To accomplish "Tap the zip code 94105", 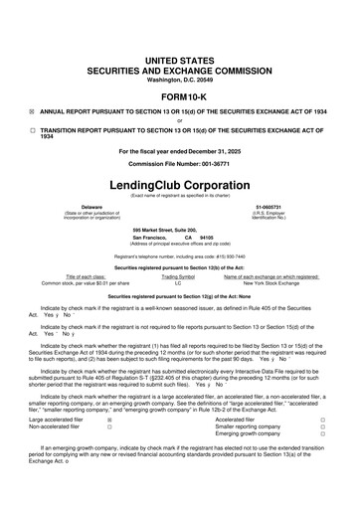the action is (210, 239).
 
